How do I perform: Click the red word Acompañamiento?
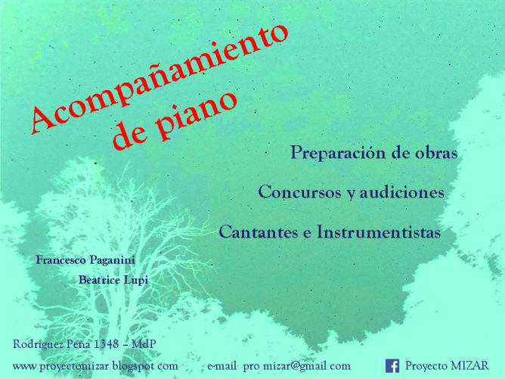[x=160, y=76]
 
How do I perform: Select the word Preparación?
[x=338, y=153]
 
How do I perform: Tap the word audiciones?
[x=402, y=192]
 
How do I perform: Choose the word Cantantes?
[x=259, y=231]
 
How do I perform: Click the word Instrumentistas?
[x=379, y=231]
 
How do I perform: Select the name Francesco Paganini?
[x=85, y=259]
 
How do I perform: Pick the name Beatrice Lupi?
[x=113, y=280]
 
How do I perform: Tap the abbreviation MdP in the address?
[x=144, y=344]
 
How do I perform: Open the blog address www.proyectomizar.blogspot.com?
[x=95, y=366]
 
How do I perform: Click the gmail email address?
[x=297, y=366]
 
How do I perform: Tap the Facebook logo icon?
[x=392, y=366]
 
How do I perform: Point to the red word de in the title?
[x=131, y=135]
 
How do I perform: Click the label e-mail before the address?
[x=222, y=366]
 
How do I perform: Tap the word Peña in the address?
[x=78, y=344]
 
